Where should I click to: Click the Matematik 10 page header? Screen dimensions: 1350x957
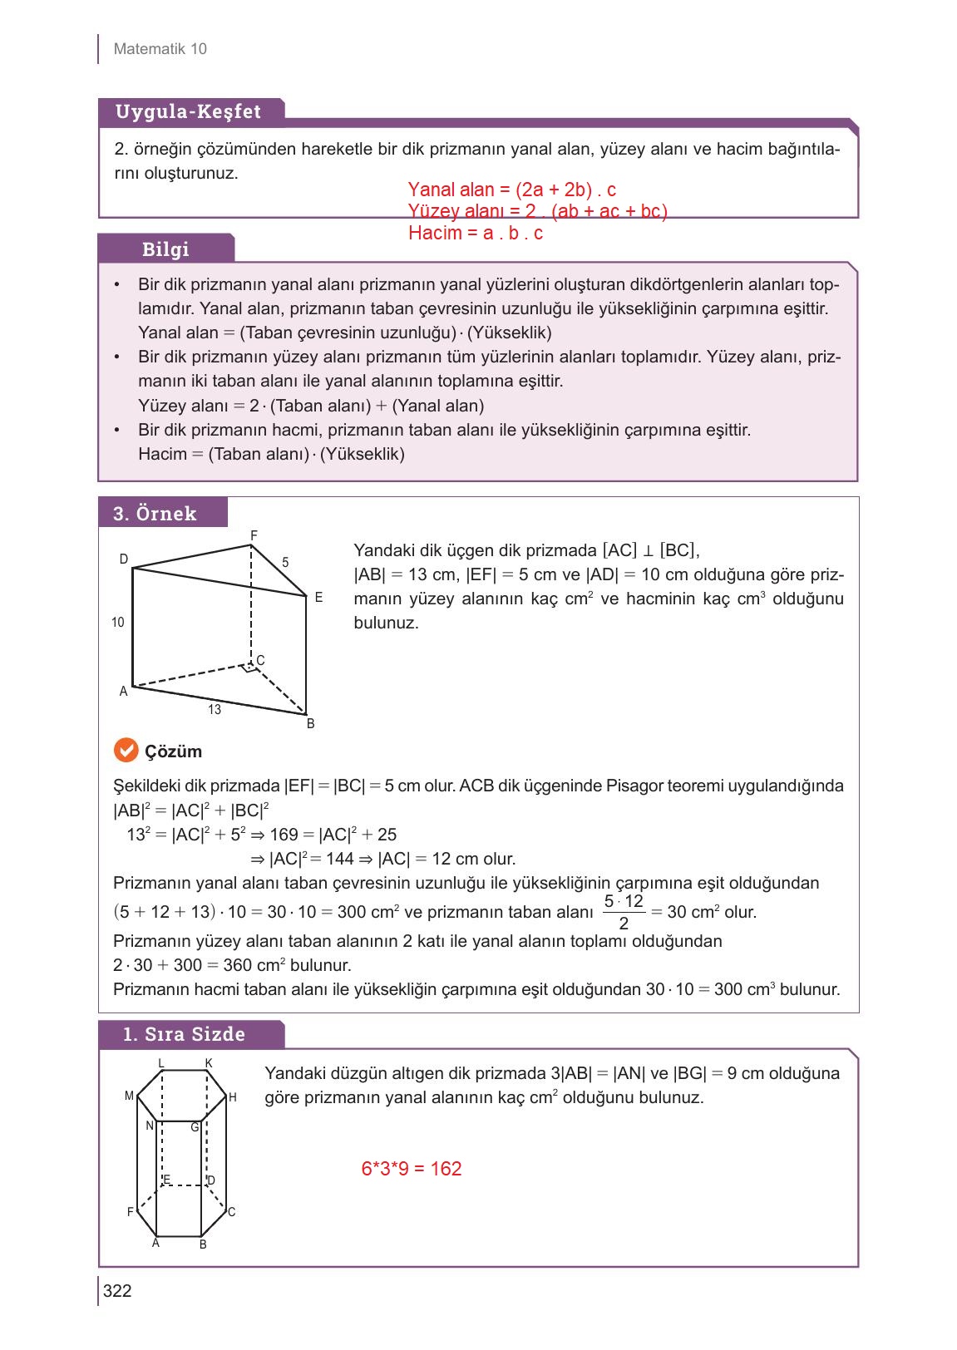[160, 49]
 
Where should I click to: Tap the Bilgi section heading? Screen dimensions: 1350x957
[165, 249]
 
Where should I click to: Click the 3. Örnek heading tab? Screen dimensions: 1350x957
[155, 514]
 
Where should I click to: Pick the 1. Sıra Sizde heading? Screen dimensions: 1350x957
[184, 1035]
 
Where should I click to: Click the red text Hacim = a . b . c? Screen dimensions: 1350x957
[476, 234]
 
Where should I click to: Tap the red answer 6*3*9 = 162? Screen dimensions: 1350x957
[412, 1169]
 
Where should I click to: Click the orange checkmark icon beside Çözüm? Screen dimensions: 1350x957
[125, 751]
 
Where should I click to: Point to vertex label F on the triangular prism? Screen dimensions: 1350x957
[254, 534]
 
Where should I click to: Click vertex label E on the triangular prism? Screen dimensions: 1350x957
[318, 598]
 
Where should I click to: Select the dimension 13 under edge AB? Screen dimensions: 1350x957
[215, 709]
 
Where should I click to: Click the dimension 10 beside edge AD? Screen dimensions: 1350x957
[118, 622]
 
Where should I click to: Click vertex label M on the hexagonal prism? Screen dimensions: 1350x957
[129, 1096]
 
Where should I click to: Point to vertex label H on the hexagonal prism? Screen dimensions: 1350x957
[233, 1098]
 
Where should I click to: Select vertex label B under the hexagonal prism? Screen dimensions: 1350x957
[203, 1244]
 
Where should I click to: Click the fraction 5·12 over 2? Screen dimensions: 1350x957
[623, 912]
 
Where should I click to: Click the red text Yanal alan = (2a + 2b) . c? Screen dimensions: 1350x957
[512, 190]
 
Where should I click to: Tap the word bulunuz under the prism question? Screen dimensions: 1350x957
[386, 623]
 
